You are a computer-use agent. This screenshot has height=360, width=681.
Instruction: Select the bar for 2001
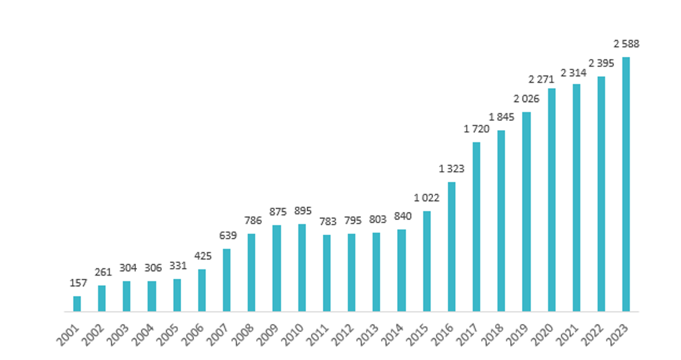pyautogui.click(x=77, y=304)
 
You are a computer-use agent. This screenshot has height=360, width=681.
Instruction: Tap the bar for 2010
pyautogui.click(x=302, y=268)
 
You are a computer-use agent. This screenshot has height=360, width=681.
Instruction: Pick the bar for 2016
pyautogui.click(x=452, y=247)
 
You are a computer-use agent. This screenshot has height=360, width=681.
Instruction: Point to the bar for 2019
pyautogui.click(x=527, y=211)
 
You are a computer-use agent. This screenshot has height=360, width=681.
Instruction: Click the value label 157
pyautogui.click(x=78, y=283)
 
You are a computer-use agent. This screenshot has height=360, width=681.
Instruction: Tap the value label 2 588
pyautogui.click(x=626, y=44)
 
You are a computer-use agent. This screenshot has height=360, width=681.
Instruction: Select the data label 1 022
pyautogui.click(x=427, y=197)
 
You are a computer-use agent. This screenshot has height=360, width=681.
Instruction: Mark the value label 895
pyautogui.click(x=302, y=211)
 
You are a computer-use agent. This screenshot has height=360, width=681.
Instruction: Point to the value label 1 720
pyautogui.click(x=477, y=129)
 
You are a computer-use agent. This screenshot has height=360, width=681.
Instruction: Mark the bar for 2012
pyautogui.click(x=352, y=272)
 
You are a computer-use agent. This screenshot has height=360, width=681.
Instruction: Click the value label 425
pyautogui.click(x=203, y=255)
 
